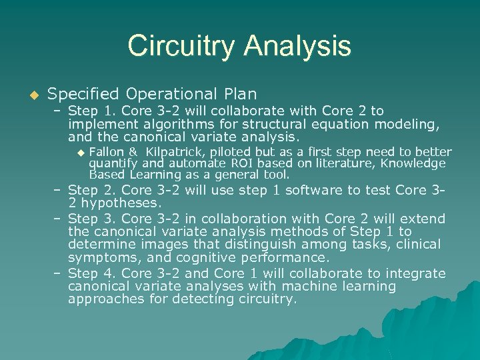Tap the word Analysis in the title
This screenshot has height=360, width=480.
[297, 46]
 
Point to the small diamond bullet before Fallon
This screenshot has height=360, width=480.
[81, 152]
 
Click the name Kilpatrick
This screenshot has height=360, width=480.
[177, 152]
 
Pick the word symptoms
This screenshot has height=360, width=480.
[102, 257]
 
